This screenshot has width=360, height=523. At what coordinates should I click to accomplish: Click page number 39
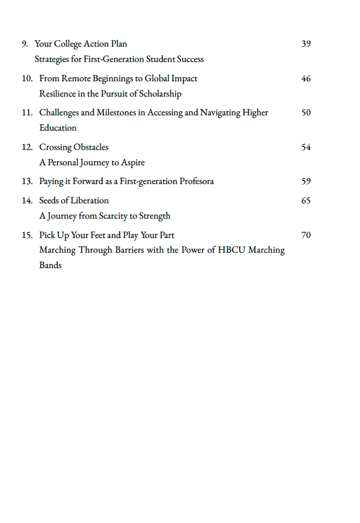coord(306,44)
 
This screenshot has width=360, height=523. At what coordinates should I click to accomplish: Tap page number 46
coord(306,78)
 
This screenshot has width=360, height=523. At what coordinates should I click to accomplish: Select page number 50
coord(306,112)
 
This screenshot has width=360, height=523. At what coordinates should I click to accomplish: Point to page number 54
coord(306,147)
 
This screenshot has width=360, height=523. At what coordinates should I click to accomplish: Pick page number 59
coord(306,182)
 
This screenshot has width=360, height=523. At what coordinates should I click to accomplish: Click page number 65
coord(306,200)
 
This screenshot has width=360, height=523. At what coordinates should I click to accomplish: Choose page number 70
coord(306,235)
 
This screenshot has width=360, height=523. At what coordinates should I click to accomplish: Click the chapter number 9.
coord(25,44)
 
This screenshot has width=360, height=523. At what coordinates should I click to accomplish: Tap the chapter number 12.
coord(27,147)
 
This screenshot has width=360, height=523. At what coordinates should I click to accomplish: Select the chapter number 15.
coord(27,235)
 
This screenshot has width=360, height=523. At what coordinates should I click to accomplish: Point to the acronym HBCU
coord(232,250)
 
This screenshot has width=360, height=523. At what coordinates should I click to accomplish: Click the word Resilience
coord(57,94)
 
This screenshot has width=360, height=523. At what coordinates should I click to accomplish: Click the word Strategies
coord(53,59)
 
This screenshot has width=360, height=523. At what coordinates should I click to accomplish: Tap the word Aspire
coord(133,162)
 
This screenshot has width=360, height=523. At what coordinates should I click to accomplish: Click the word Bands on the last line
coord(51,265)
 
